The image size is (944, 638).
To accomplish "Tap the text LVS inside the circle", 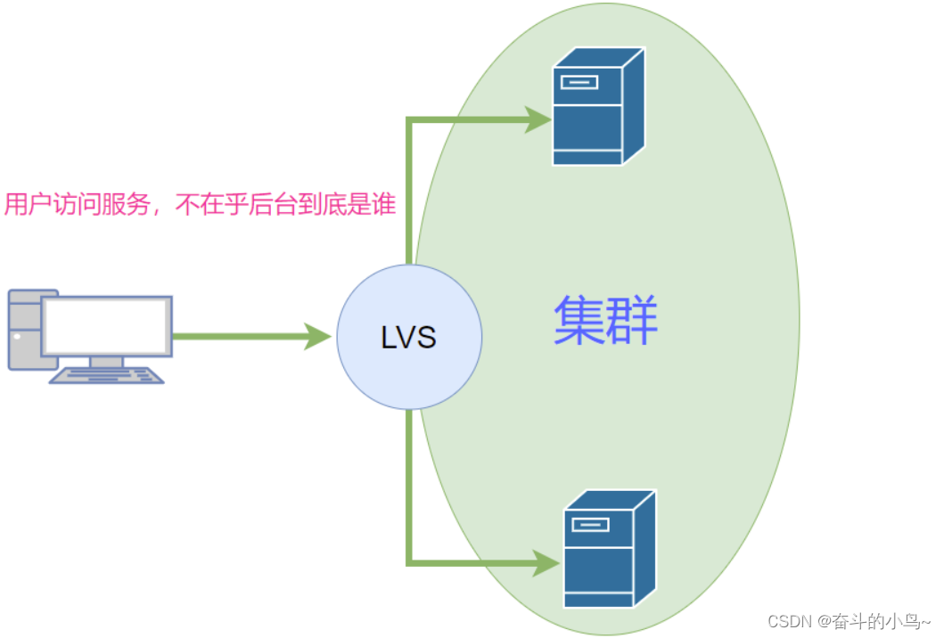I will [x=409, y=338].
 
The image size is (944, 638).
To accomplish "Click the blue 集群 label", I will [x=605, y=322].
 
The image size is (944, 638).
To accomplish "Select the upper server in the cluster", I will [x=597, y=107].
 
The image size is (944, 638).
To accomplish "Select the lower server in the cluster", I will [x=609, y=549].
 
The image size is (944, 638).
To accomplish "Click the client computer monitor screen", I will [x=106, y=325].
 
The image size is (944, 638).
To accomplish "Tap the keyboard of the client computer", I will [x=107, y=375].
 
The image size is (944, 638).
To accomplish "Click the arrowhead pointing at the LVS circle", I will [x=316, y=337].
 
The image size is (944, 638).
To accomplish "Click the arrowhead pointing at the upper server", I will [x=538, y=119].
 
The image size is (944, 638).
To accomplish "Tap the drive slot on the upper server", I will [x=579, y=83].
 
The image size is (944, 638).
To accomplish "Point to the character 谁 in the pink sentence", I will [x=383, y=205].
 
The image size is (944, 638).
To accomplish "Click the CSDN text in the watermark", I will [x=787, y=621].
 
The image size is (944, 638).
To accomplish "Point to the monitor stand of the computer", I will [x=106, y=361].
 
